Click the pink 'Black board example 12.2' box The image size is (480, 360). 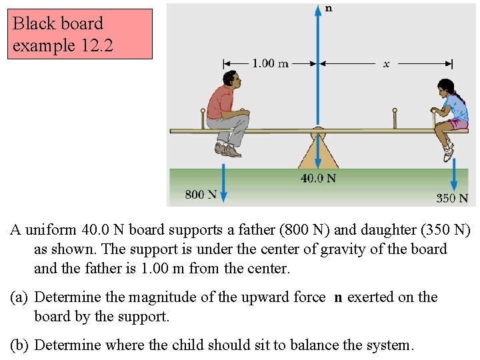79,34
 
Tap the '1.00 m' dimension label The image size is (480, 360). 270,63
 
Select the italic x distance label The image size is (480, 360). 386,63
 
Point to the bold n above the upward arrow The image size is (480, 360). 328,9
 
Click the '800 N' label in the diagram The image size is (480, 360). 201,194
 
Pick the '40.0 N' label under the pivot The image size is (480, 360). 317,178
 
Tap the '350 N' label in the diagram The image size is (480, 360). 452,198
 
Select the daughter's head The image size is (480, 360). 445,89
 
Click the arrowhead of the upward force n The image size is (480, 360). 318,9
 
